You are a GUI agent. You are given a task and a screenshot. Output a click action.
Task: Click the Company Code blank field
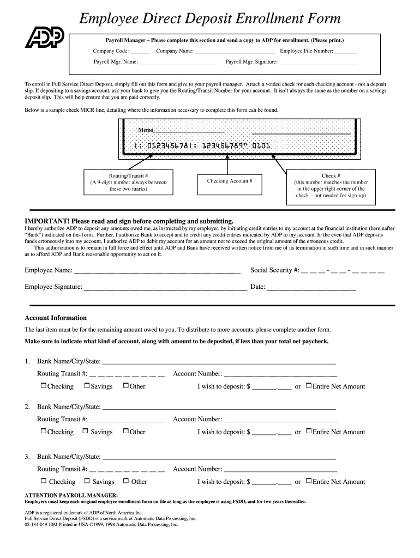click(140, 52)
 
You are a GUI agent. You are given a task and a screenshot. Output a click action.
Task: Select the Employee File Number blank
click(345, 52)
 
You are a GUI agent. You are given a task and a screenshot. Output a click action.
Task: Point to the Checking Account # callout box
click(230, 181)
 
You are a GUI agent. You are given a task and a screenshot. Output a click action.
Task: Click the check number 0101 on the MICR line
click(260, 146)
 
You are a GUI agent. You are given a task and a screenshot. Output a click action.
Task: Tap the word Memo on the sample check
click(145, 131)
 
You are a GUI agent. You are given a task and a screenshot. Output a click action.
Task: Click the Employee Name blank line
click(157, 271)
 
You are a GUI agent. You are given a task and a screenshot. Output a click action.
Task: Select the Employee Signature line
click(165, 288)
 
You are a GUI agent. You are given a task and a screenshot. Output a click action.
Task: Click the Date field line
click(311, 288)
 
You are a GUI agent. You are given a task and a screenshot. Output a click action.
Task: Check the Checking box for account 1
click(44, 386)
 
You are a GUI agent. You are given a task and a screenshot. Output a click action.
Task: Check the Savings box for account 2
click(86, 431)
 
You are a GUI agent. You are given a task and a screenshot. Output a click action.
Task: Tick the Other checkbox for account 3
click(126, 481)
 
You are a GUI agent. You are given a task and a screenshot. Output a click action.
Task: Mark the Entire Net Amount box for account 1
click(309, 386)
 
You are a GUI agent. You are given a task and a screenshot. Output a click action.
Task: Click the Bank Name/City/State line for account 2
click(219, 408)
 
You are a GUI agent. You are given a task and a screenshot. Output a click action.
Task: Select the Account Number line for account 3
click(280, 470)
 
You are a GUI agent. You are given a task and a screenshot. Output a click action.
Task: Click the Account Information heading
click(56, 318)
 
